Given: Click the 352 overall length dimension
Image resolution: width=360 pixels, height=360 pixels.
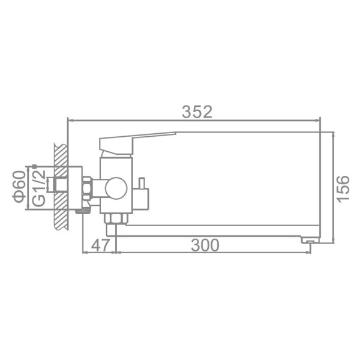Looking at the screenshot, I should coord(198,112).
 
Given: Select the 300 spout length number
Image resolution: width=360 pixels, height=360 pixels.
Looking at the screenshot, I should coord(205,245).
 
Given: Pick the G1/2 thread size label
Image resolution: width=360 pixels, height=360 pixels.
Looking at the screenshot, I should coord(38,188).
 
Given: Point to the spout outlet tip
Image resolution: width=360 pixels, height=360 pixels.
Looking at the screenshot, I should coord(308,240).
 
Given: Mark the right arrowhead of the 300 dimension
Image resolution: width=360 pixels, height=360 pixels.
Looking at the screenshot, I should coord(310,252).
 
